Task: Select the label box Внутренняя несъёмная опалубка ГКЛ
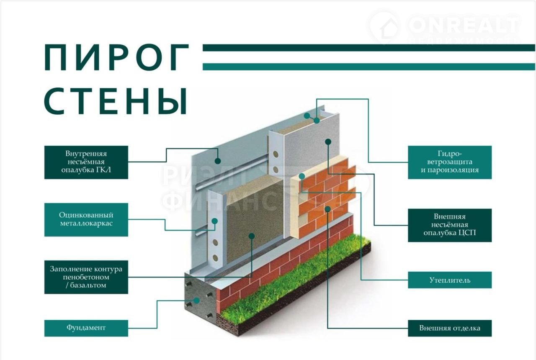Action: coord(86,162)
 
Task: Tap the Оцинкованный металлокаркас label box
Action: coord(86,219)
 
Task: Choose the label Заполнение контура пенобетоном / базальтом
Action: coord(86,277)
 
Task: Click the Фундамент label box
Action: coord(86,328)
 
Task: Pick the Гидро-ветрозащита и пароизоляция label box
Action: coord(449,162)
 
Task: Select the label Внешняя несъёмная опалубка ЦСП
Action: coord(449,225)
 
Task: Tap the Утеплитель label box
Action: coord(449,280)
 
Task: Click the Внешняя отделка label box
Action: coord(449,328)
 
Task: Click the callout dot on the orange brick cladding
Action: coord(328,208)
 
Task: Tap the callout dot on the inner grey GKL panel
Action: coord(217,160)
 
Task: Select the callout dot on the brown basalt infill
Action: coord(251,236)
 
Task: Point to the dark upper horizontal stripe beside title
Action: coord(368,48)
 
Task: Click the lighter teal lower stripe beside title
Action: coord(368,67)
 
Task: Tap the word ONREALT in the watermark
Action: coord(462,26)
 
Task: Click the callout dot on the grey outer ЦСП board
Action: coord(328,142)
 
